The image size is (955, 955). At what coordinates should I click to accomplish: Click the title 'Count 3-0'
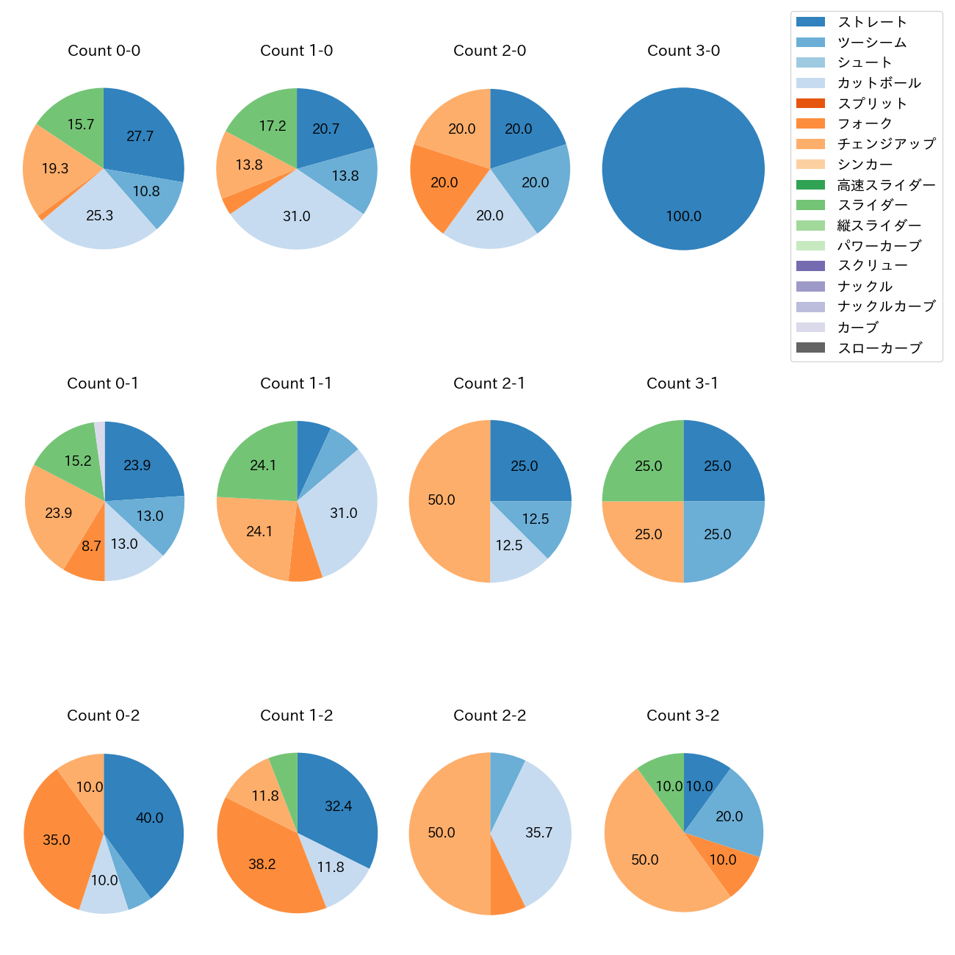683,51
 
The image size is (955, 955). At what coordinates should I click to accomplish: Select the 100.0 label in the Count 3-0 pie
683,217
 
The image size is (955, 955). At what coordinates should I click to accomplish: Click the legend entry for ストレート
872,22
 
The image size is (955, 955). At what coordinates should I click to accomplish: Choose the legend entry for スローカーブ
879,348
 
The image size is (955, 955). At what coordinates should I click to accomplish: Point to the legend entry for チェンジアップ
886,144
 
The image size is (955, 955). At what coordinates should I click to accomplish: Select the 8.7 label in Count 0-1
91,547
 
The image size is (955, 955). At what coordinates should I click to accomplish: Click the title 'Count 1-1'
296,383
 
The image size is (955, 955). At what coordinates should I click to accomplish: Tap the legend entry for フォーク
865,123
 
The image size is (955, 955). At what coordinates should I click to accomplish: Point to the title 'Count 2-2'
489,716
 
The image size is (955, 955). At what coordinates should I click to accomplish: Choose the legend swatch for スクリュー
810,266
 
